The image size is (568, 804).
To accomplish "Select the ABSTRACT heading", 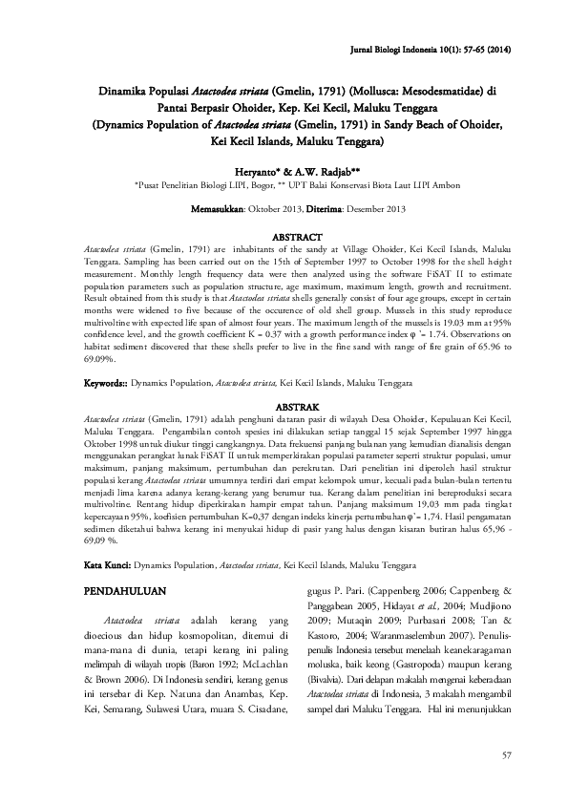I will tap(298, 234).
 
